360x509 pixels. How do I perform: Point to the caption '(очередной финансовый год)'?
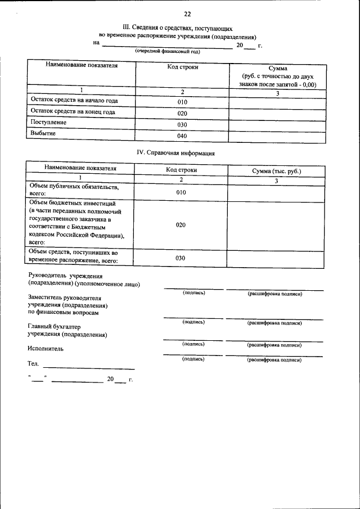click(167, 51)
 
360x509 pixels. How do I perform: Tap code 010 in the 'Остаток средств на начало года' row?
click(182, 102)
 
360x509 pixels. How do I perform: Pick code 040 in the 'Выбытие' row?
click(182, 136)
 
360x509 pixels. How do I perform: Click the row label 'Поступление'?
click(48, 122)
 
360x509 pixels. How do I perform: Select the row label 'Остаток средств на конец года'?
click(73, 111)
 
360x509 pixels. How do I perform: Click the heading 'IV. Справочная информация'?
click(176, 152)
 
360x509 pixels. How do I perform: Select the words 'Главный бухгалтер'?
click(54, 326)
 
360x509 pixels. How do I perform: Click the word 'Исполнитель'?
click(46, 349)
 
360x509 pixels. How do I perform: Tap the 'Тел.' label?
click(33, 364)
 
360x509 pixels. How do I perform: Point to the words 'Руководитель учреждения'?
click(65, 276)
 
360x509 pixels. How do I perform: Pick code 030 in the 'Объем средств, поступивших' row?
click(181, 258)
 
